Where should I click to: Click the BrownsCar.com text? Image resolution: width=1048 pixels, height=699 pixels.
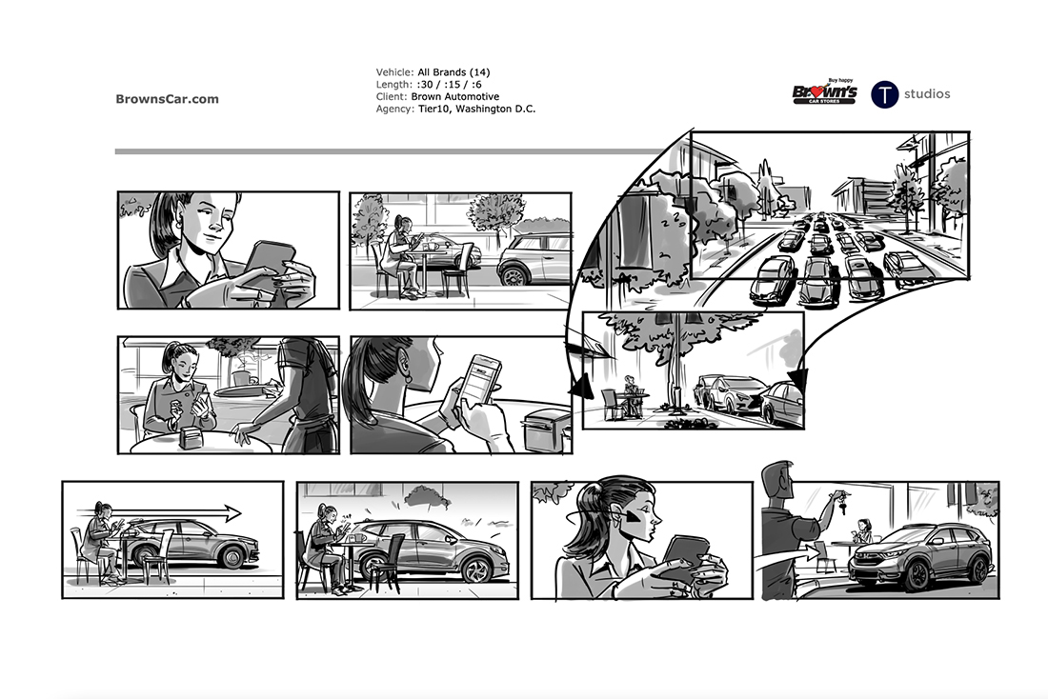tap(167, 99)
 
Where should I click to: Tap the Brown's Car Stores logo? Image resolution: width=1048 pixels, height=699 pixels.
tap(825, 91)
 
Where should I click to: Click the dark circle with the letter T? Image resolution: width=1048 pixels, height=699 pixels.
tap(884, 94)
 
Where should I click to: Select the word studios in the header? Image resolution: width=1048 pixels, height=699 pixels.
tap(927, 93)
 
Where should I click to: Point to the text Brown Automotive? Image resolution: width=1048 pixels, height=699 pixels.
tap(455, 96)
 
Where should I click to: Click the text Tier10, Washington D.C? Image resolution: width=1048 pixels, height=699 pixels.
tap(476, 109)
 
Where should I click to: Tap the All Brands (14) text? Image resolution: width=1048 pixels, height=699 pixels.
tap(453, 72)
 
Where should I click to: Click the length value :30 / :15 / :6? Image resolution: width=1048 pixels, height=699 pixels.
tap(449, 84)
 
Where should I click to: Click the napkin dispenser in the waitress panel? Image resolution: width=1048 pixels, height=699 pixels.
tap(191, 438)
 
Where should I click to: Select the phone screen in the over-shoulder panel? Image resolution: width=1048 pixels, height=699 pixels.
tap(482, 377)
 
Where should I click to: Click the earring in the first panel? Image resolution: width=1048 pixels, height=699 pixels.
tap(178, 223)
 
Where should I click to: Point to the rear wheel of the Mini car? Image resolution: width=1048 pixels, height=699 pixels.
tap(513, 274)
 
